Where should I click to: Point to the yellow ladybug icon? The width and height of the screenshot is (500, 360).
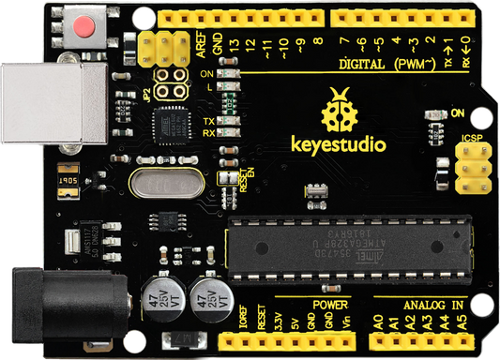(x=339, y=110)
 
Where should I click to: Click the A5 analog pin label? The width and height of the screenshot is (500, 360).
(x=461, y=322)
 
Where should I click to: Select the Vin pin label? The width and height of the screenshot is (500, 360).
(x=346, y=322)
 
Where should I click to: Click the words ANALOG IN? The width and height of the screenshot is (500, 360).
(x=433, y=305)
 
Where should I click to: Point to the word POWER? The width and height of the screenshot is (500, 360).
(x=331, y=305)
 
